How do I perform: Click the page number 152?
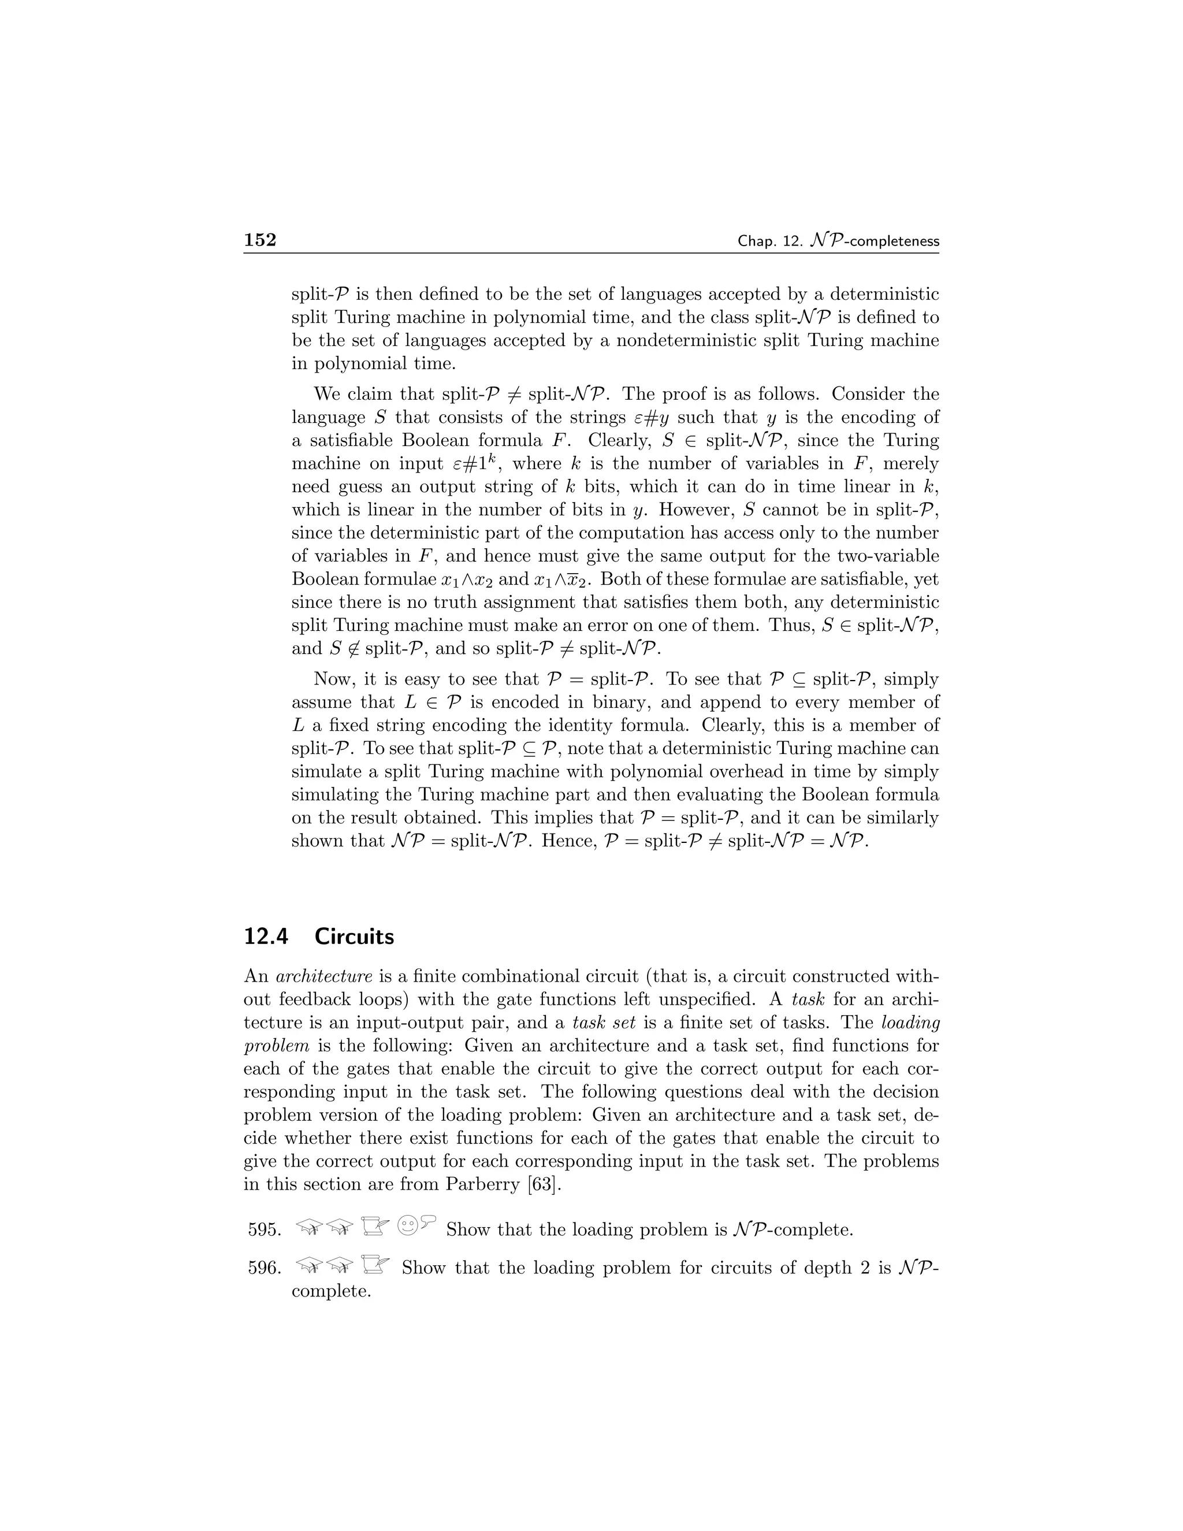click(x=260, y=240)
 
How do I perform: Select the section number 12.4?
click(x=266, y=937)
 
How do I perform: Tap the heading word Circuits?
click(x=354, y=937)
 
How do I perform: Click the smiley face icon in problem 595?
click(x=407, y=1225)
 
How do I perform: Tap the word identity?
click(x=587, y=725)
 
